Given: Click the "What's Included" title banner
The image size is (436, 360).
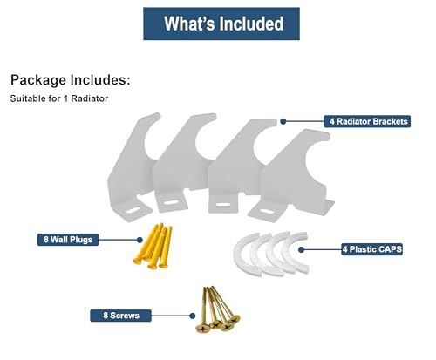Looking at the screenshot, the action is pos(221,24).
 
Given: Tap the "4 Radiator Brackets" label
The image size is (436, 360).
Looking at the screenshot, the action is pos(367,121).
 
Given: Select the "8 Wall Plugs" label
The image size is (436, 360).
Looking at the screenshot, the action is pos(68,240).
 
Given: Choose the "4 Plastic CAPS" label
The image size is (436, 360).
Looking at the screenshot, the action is pos(372,249).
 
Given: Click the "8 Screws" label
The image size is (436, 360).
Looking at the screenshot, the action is pos(121,316).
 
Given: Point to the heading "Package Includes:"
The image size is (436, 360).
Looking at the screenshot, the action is pos(71,80).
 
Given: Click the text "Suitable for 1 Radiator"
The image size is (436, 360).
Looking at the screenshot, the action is pos(59,98).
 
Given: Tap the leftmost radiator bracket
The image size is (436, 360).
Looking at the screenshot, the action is pos(131,168).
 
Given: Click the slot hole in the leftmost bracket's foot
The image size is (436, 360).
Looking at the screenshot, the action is pos(132,210).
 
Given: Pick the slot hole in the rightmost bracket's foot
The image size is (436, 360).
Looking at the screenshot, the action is pos(267,211).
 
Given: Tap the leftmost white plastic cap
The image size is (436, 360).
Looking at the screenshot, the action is pos(242,255).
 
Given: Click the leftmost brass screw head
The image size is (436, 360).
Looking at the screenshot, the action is pos(202,329).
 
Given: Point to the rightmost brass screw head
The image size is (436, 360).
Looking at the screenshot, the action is pos(235,319).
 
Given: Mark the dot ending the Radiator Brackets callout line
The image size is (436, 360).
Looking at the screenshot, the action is pos(283,121).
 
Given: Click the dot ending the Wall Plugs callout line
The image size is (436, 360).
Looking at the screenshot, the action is pos(140,240).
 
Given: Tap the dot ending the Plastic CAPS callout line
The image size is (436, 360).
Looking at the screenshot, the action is pos(301,249).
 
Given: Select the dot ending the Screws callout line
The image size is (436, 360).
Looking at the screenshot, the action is pos(192,316).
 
